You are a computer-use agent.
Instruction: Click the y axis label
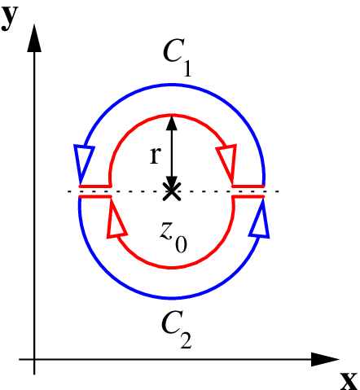[x=10, y=18]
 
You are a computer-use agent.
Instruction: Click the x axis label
[x=349, y=381]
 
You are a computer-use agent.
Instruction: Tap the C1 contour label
[x=178, y=57]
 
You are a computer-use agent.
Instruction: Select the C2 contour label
[x=177, y=330]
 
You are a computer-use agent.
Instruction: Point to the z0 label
[x=173, y=237]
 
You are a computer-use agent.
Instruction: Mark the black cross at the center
[x=172, y=191]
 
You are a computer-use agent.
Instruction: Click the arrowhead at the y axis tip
[x=34, y=38]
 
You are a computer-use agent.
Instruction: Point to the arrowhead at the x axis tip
[x=325, y=360]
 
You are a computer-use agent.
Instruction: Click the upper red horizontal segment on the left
[x=95, y=186]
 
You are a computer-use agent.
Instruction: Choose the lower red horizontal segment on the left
[x=95, y=196]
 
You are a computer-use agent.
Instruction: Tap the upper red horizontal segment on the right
[x=248, y=186]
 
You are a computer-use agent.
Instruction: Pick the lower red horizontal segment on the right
[x=248, y=196]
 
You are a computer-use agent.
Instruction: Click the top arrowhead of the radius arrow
[x=172, y=123]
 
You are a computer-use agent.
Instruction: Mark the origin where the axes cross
[x=34, y=360]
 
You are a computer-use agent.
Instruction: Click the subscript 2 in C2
[x=186, y=340]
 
